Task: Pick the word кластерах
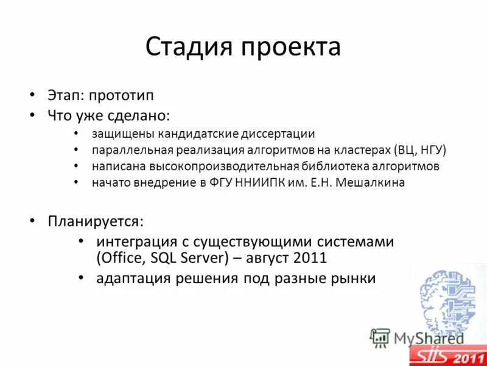tap(360, 149)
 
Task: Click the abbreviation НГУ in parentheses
tap(431, 149)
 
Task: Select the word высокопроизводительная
tap(226, 166)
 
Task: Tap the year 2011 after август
tap(310, 257)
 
